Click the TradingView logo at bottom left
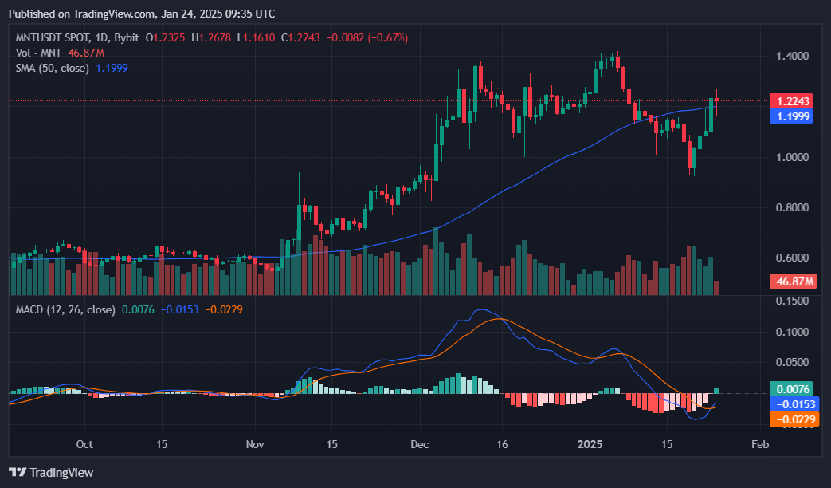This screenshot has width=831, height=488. [x=51, y=473]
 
